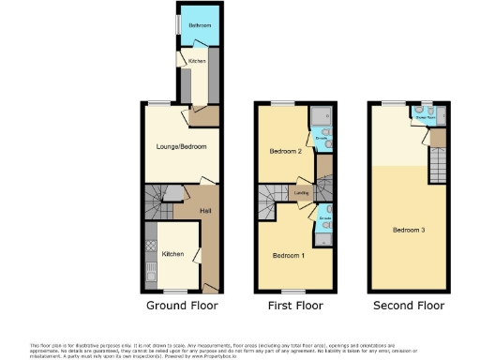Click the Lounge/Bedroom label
point(180,147)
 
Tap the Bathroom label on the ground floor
point(199,24)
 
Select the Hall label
point(204,210)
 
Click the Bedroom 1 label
point(288,255)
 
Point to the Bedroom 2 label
point(285,151)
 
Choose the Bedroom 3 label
point(409,229)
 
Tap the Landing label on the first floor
point(302,194)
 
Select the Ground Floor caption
point(182,306)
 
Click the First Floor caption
point(294,306)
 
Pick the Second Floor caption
point(408,306)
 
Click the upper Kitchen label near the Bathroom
point(197,62)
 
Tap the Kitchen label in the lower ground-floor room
point(172,254)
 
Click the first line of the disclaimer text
point(239,346)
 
